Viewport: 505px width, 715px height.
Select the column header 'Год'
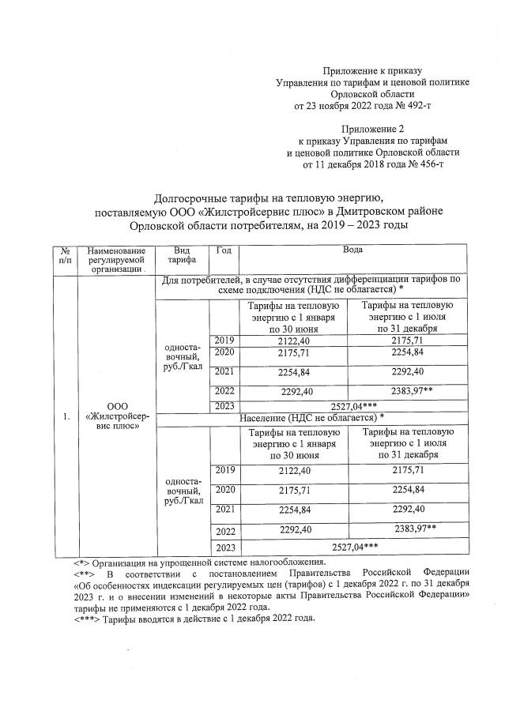pyautogui.click(x=223, y=250)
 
